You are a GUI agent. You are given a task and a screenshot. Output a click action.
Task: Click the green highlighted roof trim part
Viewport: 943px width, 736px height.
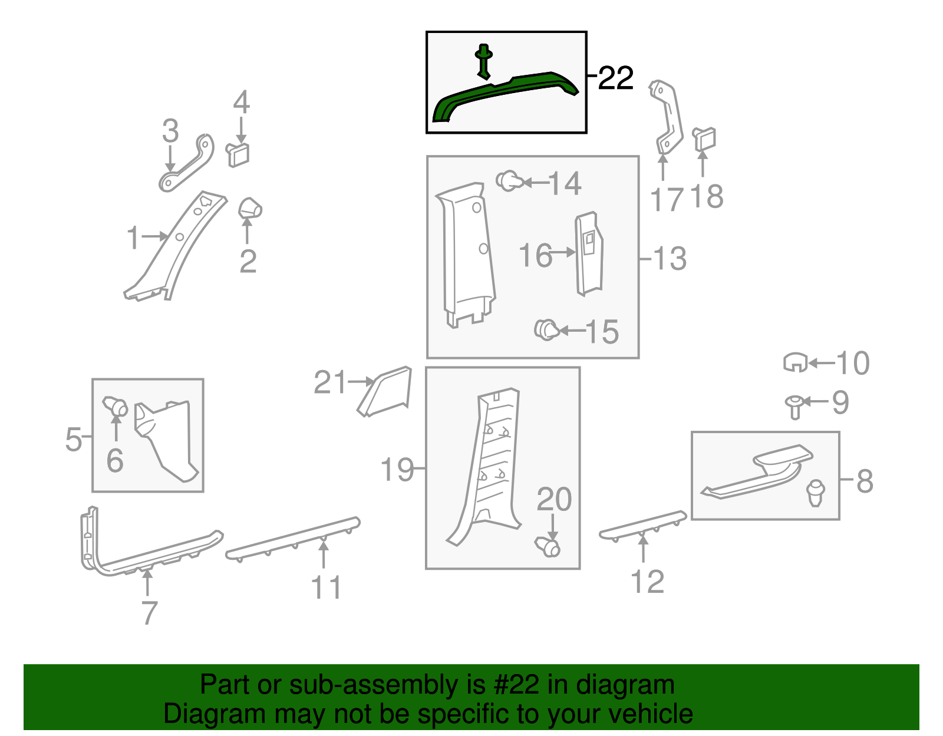point(503,93)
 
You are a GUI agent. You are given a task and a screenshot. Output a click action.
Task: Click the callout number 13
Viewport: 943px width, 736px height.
point(670,259)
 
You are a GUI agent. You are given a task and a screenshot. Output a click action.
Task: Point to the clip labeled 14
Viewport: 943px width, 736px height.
point(509,181)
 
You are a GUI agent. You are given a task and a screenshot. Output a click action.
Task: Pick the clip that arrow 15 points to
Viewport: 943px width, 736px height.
point(547,330)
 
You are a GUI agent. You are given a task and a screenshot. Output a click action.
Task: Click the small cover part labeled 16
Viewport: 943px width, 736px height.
point(589,254)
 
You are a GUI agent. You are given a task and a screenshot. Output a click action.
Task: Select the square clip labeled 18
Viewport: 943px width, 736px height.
point(704,139)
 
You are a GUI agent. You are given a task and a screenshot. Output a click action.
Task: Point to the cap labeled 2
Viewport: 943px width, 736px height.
point(250,209)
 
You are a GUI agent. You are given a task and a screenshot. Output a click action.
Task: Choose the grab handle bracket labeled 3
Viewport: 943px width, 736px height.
point(187,163)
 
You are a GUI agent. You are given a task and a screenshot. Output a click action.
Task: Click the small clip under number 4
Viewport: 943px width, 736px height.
point(238,155)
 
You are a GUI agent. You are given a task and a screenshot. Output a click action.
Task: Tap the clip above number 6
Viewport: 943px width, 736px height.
point(115,407)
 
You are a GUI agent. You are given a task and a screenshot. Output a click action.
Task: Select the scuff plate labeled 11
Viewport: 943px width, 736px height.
point(293,539)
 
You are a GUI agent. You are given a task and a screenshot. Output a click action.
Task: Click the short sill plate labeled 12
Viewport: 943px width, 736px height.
point(642,526)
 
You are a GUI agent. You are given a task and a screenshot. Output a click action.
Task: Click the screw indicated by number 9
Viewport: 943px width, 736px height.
point(794,407)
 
